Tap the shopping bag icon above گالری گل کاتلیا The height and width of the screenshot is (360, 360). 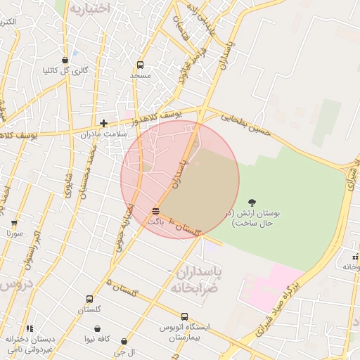pos(65,60)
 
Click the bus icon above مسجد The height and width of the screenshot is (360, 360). pos(141,64)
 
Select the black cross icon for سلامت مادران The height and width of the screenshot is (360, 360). pos(104,123)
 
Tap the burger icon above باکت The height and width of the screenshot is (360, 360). pos(155,210)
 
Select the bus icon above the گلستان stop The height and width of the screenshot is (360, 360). pos(89,299)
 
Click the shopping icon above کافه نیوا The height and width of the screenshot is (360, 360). pos(96,328)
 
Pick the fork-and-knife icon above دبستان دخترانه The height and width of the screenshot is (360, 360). pos(29,328)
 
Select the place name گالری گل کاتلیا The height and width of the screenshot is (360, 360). pos(65,70)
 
